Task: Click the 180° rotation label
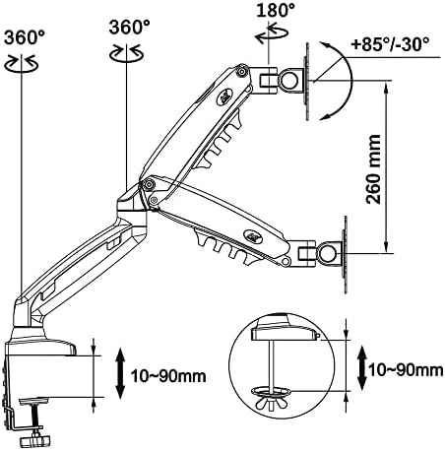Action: (276, 10)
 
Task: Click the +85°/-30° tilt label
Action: (390, 44)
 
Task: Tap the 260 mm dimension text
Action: (374, 169)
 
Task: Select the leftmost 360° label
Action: (25, 37)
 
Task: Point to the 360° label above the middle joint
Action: (130, 27)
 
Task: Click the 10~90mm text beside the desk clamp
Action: (168, 375)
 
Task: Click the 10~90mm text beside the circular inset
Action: (406, 370)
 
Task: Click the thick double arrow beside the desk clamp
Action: (120, 373)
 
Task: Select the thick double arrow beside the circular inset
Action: (362, 367)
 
